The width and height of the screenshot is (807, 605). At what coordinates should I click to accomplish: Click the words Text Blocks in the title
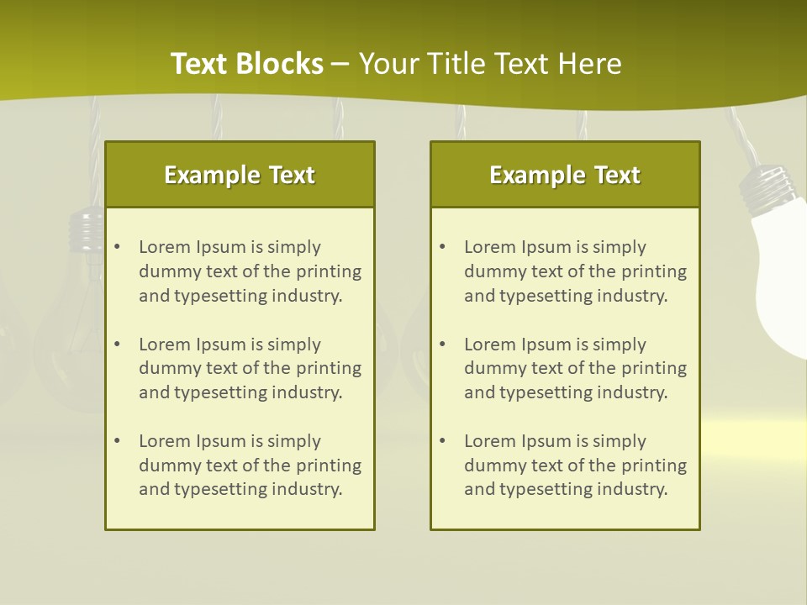246,64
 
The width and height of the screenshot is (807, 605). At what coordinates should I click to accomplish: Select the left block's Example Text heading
240,175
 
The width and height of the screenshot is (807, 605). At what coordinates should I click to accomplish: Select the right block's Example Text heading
565,175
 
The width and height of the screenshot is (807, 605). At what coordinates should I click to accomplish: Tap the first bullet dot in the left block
117,247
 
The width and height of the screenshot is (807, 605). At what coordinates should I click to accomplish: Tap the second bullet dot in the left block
117,345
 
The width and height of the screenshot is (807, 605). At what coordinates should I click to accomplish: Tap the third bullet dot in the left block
117,441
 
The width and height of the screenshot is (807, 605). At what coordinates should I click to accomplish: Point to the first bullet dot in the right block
442,247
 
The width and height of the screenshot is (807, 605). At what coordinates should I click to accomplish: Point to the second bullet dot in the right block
442,345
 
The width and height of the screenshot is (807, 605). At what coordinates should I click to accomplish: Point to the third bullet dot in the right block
442,441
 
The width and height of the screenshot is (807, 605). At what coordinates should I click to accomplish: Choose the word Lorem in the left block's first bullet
165,247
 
